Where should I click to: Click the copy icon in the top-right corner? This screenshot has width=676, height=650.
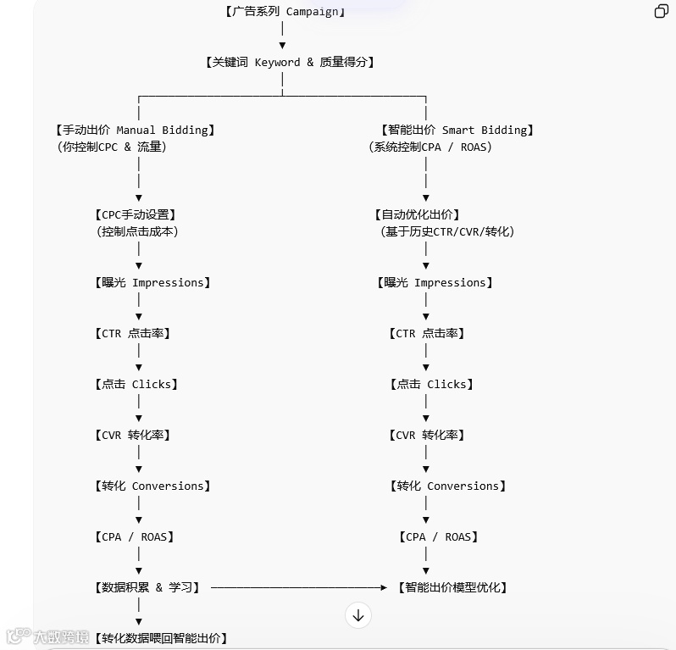click(662, 11)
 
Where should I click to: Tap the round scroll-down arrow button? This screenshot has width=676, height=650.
click(358, 615)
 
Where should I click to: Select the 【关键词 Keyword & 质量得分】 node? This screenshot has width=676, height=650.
click(290, 62)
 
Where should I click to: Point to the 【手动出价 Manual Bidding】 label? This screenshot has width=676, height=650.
click(136, 130)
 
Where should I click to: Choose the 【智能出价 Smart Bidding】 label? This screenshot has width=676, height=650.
click(457, 130)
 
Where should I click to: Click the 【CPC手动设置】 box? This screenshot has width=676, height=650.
click(136, 214)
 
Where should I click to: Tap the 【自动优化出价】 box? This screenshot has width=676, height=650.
click(418, 214)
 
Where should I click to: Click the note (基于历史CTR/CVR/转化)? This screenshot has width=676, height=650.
click(447, 231)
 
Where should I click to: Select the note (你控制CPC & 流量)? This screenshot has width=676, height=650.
click(112, 147)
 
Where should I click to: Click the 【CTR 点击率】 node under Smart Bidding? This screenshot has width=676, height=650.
click(427, 333)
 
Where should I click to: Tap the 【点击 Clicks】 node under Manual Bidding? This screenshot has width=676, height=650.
click(136, 384)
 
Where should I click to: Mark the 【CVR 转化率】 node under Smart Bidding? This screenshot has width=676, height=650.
click(427, 435)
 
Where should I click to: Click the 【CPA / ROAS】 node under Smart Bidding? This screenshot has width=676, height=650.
click(438, 536)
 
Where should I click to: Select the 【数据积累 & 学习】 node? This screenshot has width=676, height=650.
click(147, 587)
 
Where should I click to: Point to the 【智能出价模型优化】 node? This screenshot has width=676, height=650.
click(453, 587)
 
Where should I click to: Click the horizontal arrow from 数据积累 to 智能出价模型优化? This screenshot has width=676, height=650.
click(296, 587)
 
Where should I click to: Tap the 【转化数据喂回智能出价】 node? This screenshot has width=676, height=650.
click(161, 638)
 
